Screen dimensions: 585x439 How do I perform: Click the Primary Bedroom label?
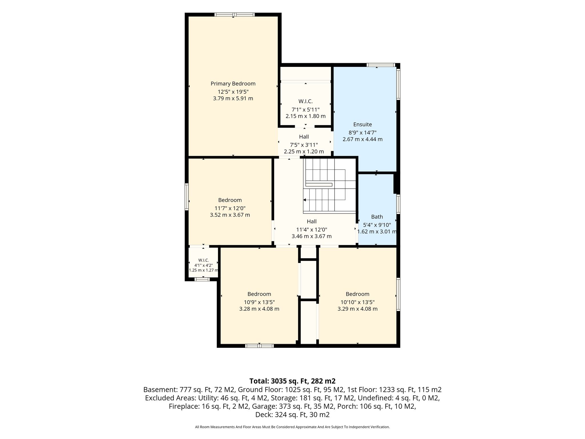pyautogui.click(x=233, y=84)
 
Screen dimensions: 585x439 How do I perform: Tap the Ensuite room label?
pyautogui.click(x=362, y=124)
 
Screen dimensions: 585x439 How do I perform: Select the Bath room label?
pyautogui.click(x=377, y=217)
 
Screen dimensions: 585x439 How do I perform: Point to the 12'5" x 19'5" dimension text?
pyautogui.click(x=233, y=92)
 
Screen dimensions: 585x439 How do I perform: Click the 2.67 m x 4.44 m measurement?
pyautogui.click(x=362, y=139)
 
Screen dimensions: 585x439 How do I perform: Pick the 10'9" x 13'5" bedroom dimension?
pyautogui.click(x=259, y=302)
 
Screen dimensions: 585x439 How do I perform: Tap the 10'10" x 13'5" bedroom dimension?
pyautogui.click(x=358, y=302)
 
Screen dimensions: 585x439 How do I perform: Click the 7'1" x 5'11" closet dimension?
pyautogui.click(x=306, y=109)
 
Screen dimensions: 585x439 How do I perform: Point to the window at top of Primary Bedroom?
pyautogui.click(x=235, y=15)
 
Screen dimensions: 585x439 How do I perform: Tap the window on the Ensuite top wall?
pyautogui.click(x=381, y=65)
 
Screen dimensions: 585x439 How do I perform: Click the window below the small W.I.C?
pyautogui.click(x=202, y=279)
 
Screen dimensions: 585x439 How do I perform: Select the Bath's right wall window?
pyautogui.click(x=398, y=204)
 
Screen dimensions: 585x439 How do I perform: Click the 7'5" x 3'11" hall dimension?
pyautogui.click(x=304, y=145)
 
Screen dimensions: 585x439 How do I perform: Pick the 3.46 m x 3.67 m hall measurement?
pyautogui.click(x=312, y=236)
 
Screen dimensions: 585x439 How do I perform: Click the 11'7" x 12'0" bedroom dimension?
pyautogui.click(x=230, y=208)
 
